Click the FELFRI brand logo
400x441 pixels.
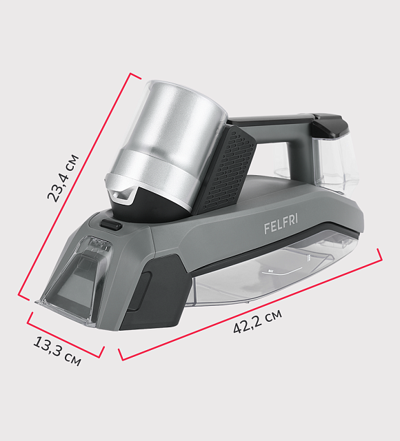[281, 223]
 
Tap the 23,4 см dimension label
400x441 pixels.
[63, 178]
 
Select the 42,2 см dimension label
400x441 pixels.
[257, 322]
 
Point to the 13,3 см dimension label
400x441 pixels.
[57, 351]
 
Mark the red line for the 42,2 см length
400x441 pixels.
[250, 304]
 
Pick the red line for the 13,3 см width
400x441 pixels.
[66, 335]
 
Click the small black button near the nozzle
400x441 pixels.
[111, 225]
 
